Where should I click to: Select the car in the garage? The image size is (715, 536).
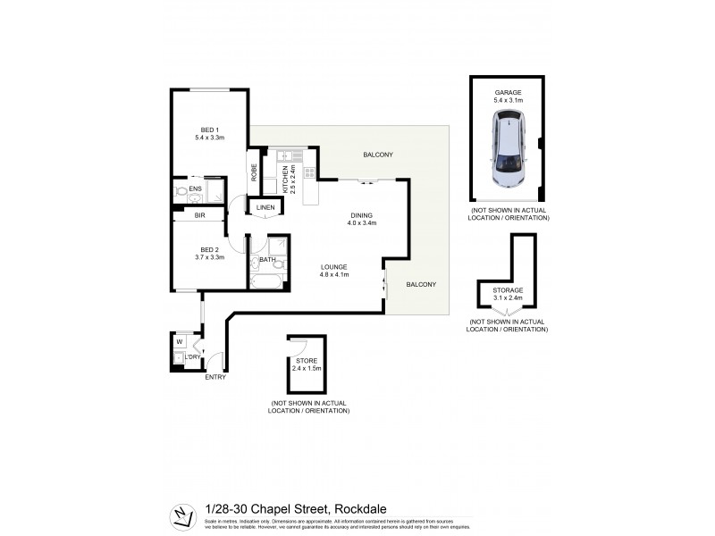pyautogui.click(x=507, y=156)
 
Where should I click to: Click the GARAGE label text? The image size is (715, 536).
pyautogui.click(x=508, y=93)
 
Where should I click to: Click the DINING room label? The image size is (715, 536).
pyautogui.click(x=361, y=215)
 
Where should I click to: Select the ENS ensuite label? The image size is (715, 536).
pyautogui.click(x=195, y=189)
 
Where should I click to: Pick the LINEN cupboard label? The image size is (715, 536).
pyautogui.click(x=265, y=208)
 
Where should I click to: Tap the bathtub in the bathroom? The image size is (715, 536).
pyautogui.click(x=265, y=281)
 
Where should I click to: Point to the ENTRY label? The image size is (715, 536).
pyautogui.click(x=215, y=376)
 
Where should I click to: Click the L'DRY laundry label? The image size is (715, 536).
pyautogui.click(x=190, y=358)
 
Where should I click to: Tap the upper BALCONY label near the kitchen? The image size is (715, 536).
pyautogui.click(x=378, y=155)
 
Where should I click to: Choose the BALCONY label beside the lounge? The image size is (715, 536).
pyautogui.click(x=421, y=284)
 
